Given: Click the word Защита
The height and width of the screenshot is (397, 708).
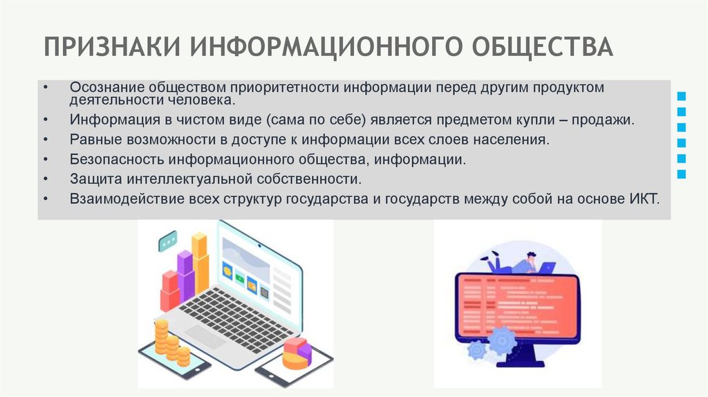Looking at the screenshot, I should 95,178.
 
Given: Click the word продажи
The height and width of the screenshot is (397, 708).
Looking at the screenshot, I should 608,120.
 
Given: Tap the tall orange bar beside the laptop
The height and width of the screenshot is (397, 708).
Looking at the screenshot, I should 200,263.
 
